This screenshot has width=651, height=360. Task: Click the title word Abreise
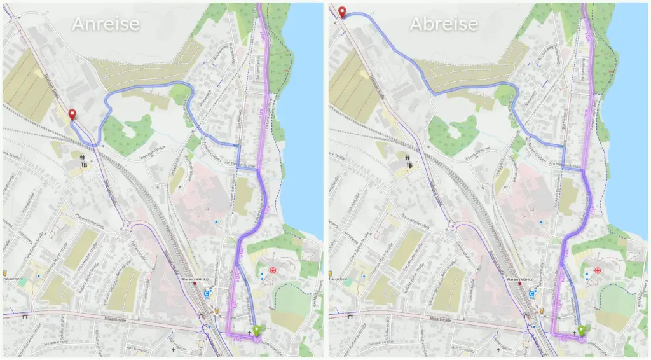tap(443, 24)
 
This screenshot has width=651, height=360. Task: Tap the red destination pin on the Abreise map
tap(343, 11)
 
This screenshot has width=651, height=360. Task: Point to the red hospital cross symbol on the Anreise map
tap(273, 270)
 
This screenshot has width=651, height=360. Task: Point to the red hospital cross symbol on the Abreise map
tap(598, 270)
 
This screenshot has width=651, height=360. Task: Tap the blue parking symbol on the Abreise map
tap(532, 294)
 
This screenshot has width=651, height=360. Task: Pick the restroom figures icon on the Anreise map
tap(83, 160)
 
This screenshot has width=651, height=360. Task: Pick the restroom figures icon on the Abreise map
tap(409, 160)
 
